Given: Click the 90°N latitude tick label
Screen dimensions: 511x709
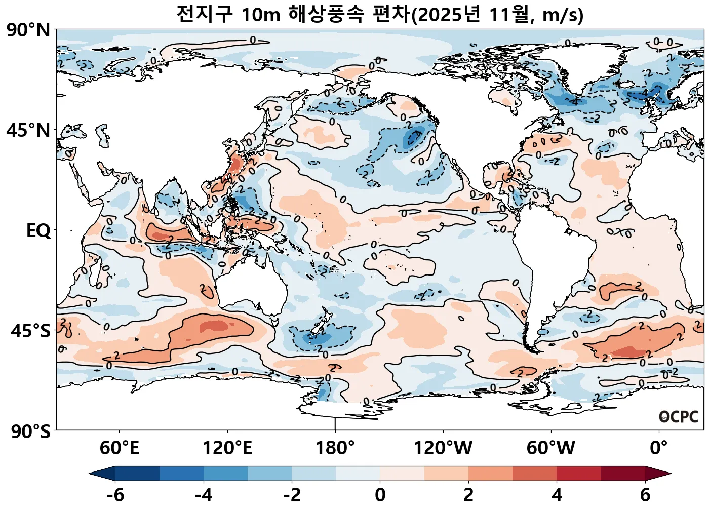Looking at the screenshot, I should point(28,30).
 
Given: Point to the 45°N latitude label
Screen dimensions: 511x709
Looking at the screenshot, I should point(28,131).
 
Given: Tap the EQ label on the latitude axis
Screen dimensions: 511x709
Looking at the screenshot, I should point(38,231).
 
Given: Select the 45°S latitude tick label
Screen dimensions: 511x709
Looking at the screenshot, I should point(30,331).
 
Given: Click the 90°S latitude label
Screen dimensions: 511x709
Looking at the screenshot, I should point(30,431).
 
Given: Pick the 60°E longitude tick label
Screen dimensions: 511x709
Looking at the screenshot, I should point(120,448).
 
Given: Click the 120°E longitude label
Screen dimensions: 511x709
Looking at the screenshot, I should point(227,448).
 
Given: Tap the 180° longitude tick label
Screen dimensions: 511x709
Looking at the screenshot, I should point(335,448).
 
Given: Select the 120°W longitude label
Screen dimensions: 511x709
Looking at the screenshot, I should point(443,448).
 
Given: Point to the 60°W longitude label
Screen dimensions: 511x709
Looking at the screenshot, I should point(551,448).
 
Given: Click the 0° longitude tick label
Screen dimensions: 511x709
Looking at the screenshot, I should point(659,448).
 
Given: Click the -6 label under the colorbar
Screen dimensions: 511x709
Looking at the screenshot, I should point(115,495).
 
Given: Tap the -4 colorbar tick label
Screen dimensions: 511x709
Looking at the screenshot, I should point(204,495).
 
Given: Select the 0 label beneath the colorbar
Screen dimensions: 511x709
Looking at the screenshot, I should point(380,495).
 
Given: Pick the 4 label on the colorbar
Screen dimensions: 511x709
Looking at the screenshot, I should point(557,495).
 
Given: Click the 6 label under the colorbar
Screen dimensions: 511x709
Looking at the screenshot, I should point(645,495).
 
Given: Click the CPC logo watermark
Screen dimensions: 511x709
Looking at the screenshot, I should point(679,417).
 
